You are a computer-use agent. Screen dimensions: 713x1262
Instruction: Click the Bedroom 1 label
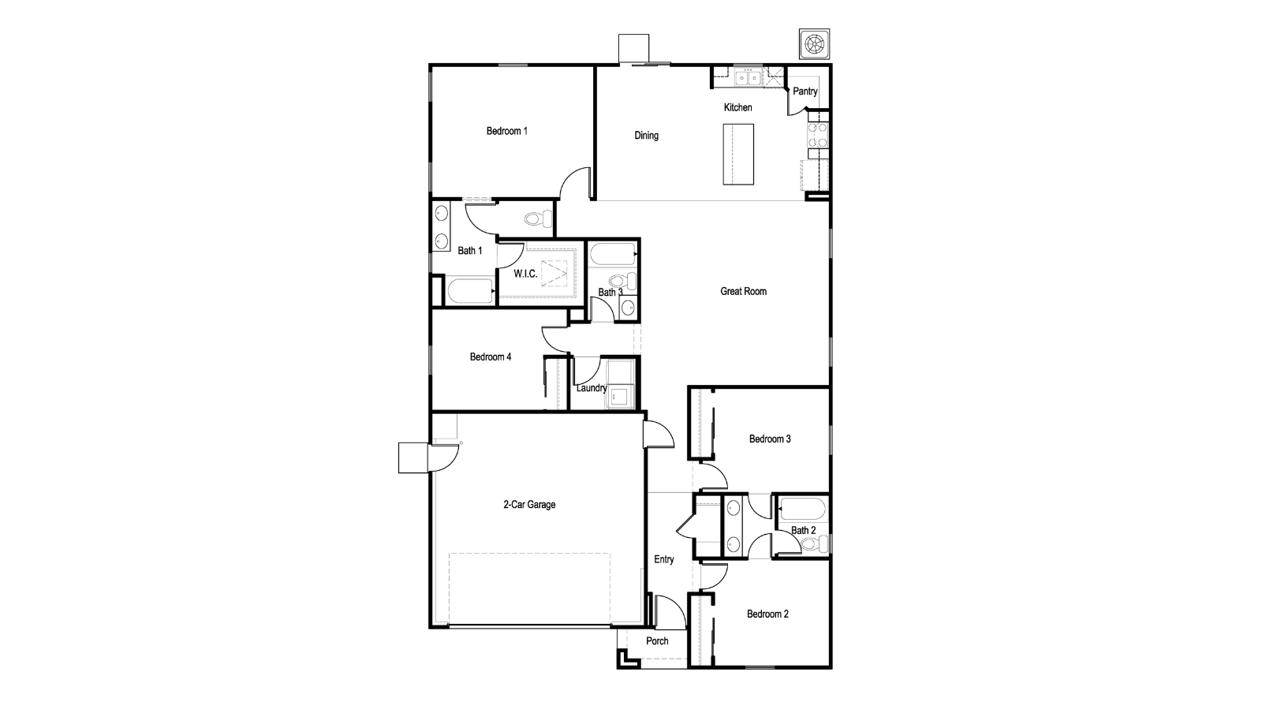click(506, 131)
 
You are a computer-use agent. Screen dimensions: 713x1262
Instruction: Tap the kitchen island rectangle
click(738, 154)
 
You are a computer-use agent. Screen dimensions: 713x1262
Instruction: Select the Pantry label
click(805, 91)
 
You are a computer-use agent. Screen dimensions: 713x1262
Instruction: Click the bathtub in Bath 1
click(470, 291)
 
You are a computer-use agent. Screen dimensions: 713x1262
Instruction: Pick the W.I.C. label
click(525, 274)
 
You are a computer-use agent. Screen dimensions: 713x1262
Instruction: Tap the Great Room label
click(743, 291)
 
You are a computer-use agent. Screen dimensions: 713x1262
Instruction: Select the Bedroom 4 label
click(491, 356)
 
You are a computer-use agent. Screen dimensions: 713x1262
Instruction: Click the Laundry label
click(591, 388)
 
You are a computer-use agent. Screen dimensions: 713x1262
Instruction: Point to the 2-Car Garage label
click(529, 505)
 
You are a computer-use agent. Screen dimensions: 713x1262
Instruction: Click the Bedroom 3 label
click(770, 439)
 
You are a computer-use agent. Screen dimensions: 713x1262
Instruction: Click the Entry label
click(664, 559)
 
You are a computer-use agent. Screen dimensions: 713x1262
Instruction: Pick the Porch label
click(657, 641)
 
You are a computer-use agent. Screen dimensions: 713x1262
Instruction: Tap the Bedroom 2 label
click(767, 614)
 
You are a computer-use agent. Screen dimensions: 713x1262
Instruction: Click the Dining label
click(646, 136)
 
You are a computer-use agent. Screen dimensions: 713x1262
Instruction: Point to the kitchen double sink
click(747, 77)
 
